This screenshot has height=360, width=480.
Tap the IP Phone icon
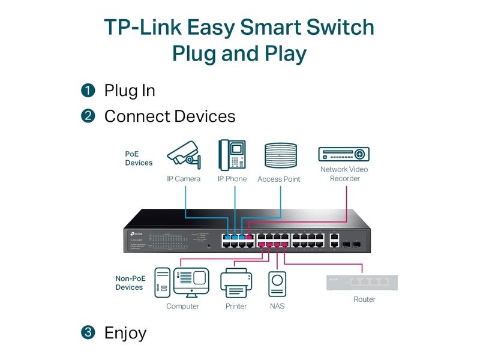tap(232, 155)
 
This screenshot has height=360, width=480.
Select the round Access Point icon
tap(280, 156)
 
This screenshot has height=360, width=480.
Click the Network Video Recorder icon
tap(344, 154)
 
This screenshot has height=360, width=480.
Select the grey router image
tap(362, 282)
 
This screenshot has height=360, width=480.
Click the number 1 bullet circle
tap(88, 91)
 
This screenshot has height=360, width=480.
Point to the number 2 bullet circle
tap(88, 116)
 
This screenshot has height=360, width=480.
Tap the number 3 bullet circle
tap(88, 332)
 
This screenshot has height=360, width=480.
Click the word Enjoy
tap(125, 332)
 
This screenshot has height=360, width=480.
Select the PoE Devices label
tap(139, 158)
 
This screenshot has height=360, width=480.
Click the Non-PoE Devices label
tap(130, 283)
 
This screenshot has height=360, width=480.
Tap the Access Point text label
tap(279, 179)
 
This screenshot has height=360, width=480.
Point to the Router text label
tap(364, 299)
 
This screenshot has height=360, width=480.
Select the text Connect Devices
tap(170, 116)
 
